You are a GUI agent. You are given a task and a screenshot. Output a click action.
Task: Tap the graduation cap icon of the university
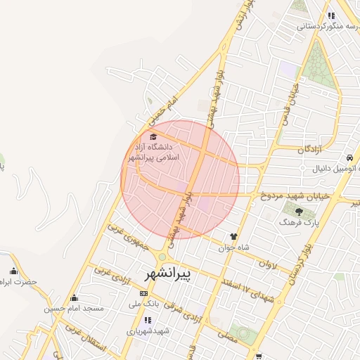click(154, 136)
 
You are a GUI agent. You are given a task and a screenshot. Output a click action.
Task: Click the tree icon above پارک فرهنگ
click(299, 210)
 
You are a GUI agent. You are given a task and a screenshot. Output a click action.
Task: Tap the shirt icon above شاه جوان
click(234, 236)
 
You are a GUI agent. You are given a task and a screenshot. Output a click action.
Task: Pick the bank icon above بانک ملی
click(144, 293)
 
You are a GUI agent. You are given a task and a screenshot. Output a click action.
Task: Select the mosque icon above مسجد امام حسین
click(75, 297)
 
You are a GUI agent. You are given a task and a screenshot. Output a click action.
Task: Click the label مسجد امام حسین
click(74, 308)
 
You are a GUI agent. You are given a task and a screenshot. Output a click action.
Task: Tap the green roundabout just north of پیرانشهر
click(163, 257)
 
